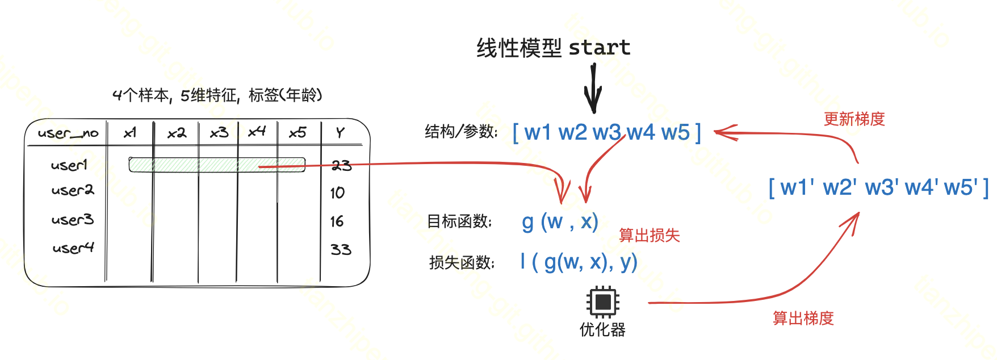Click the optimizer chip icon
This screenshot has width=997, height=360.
(602, 302)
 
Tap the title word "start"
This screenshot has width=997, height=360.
(599, 48)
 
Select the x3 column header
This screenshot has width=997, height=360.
(219, 133)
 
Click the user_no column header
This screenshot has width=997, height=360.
(68, 133)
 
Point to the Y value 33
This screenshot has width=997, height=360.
(341, 249)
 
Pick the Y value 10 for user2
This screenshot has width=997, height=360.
(337, 193)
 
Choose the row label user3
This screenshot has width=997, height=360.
(73, 220)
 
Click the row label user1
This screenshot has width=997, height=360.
(69, 165)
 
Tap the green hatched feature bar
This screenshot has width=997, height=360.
(216, 165)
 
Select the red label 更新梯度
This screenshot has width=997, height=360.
(854, 119)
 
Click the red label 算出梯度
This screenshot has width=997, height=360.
(803, 318)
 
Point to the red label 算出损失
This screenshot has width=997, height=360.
(649, 235)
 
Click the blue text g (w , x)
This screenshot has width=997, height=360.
(560, 221)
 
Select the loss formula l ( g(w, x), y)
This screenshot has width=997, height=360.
(579, 262)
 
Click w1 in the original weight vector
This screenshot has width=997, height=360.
(538, 133)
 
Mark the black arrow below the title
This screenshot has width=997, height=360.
(593, 89)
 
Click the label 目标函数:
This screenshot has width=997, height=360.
(459, 221)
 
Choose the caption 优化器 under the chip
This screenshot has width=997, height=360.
(602, 329)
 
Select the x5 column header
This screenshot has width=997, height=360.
(298, 133)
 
